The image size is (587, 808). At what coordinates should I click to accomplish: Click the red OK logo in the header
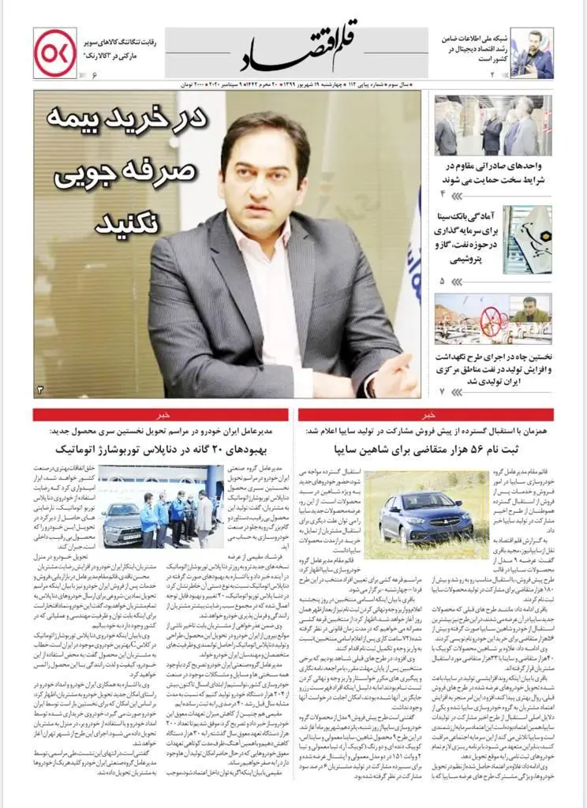point(54,52)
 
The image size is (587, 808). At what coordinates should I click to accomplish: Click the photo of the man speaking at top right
point(531,53)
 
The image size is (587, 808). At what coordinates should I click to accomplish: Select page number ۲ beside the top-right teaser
point(490,74)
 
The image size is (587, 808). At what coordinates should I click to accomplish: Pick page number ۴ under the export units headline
point(443,193)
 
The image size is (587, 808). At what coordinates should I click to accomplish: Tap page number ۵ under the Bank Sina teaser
point(443,281)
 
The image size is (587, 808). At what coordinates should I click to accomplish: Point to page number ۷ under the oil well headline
point(443,391)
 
